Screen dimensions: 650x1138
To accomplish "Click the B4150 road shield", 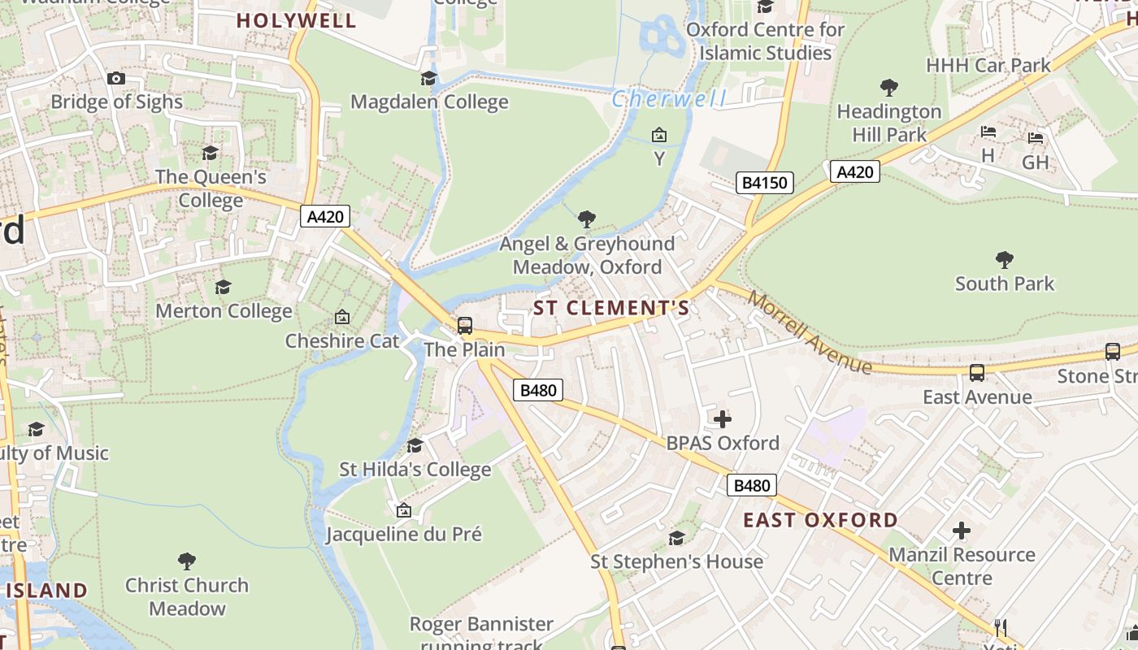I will (765, 183).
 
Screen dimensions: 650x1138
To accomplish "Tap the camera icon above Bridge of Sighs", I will (116, 78).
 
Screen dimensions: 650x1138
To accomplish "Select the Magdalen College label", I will (429, 102).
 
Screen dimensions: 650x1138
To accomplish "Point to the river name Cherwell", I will (668, 99).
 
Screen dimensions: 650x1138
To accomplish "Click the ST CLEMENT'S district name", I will (611, 308).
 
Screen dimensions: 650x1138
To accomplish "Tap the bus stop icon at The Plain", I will (464, 326).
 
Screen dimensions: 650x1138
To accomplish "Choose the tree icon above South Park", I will (1005, 260).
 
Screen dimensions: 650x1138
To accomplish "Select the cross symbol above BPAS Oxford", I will (722, 419).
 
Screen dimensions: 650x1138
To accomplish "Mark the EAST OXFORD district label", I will (821, 520).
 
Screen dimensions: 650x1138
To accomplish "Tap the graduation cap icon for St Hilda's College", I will (415, 445).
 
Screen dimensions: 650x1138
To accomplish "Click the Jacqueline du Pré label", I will (404, 534).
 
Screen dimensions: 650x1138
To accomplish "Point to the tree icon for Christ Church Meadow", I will (187, 561).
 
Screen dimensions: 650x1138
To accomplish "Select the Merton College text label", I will (224, 311).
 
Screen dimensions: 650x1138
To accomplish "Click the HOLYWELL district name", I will (297, 21).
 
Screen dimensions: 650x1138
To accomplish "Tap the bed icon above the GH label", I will (1036, 138).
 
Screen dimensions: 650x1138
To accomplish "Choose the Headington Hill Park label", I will (889, 123).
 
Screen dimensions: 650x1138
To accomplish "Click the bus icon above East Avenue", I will (977, 373).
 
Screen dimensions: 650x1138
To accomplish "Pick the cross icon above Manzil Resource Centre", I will (962, 531).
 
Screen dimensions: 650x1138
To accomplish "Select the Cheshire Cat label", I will (342, 340).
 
